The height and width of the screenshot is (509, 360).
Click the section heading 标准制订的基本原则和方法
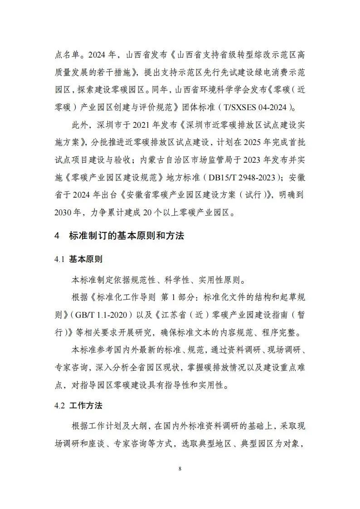pos(126,236)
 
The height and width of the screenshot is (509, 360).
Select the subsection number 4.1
pos(60,260)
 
